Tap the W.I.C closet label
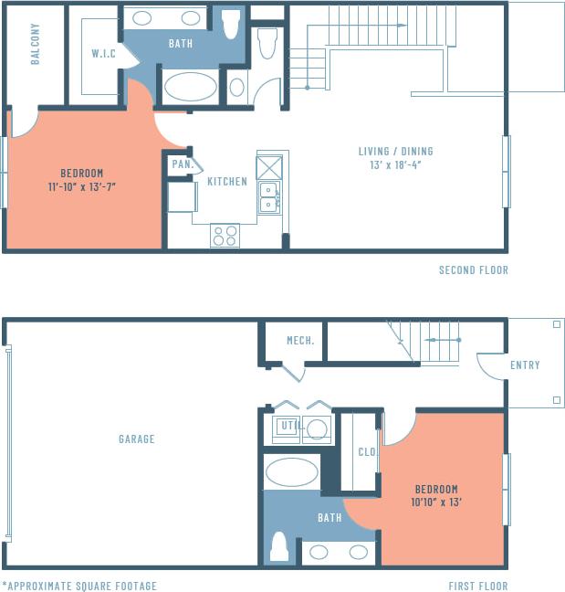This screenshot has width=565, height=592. coord(103,54)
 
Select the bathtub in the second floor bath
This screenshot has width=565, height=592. coord(191,87)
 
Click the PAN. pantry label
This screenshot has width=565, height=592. coord(180,165)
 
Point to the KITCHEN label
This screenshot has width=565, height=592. coord(227,181)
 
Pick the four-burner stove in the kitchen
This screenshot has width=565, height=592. coord(225,235)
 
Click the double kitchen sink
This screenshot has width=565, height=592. coord(269,196)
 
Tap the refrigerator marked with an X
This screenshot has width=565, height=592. coord(269,167)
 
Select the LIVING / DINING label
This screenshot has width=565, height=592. coord(394,152)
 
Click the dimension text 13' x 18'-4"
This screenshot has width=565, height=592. coord(394,165)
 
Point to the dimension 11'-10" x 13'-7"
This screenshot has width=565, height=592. coord(82,186)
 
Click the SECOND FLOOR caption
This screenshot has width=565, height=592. coord(473,270)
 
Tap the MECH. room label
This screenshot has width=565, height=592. coord(300,341)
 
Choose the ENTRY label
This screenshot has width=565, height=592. coord(525,365)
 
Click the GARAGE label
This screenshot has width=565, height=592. coord(136,439)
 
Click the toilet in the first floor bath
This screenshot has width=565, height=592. coord(279,545)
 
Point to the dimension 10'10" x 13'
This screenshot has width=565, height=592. coord(436,502)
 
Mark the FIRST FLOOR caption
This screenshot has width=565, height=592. coord(477,586)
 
